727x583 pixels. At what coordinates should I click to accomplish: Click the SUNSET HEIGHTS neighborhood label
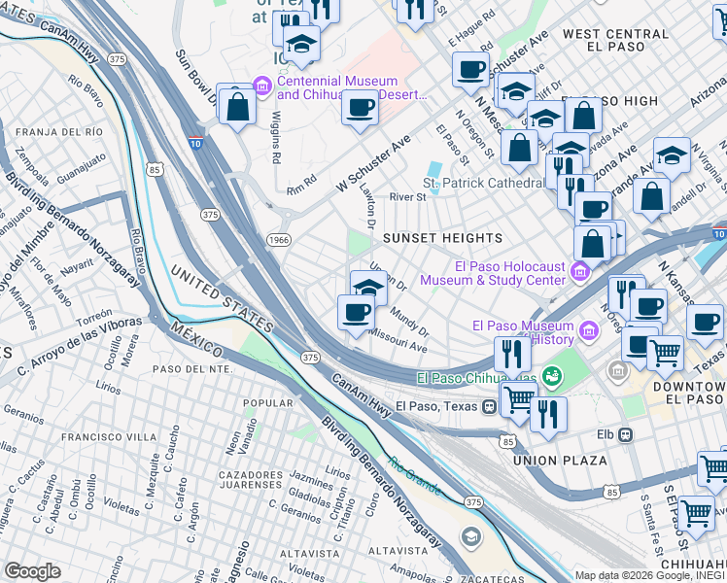(x=442, y=238)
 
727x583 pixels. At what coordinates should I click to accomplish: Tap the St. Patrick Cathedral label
(x=482, y=183)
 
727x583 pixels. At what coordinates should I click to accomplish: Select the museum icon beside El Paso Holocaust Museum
(x=580, y=270)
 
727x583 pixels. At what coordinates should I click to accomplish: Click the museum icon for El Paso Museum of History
(x=587, y=332)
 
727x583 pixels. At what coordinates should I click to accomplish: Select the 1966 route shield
(x=278, y=239)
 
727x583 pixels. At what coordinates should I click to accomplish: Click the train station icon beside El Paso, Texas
(x=488, y=405)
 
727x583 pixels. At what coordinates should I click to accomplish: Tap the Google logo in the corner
(x=32, y=571)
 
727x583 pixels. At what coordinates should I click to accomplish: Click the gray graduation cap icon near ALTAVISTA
(x=471, y=536)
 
